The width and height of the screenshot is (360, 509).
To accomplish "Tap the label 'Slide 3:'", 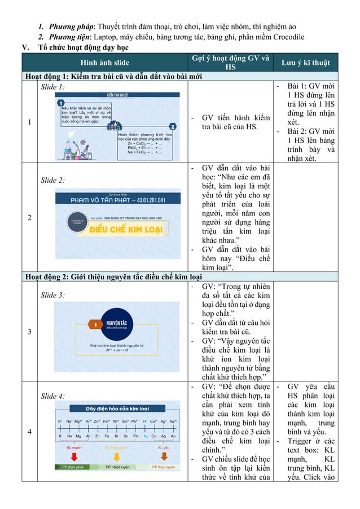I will click(53, 295).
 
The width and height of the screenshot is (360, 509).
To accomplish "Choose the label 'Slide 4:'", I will click(53, 396).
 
